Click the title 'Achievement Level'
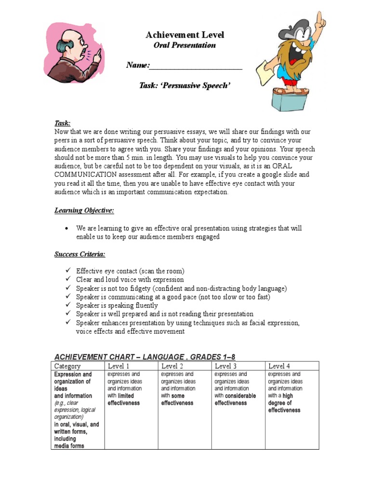(x=185, y=35)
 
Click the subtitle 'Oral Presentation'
(x=185, y=45)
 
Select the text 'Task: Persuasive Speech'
(x=185, y=85)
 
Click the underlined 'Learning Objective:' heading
(x=84, y=210)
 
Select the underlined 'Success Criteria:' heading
(x=79, y=254)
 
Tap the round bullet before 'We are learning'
(x=66, y=229)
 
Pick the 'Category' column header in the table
(x=67, y=366)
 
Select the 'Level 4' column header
(x=279, y=366)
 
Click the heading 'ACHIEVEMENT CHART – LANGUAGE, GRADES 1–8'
(x=145, y=357)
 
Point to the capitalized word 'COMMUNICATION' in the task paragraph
(x=83, y=175)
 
